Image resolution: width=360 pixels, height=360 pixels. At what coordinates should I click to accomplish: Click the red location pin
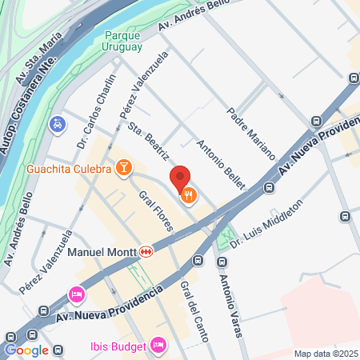coord(180,178)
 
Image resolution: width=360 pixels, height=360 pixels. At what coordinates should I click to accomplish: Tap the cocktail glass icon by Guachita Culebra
coord(124,167)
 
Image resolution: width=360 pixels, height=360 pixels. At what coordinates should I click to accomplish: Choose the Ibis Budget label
coord(116,346)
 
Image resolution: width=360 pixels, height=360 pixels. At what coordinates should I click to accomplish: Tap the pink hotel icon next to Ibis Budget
coord(158,346)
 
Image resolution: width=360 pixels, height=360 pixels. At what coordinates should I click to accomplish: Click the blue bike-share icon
coord(57,124)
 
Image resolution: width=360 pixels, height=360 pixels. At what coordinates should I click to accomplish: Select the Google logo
coord(26,350)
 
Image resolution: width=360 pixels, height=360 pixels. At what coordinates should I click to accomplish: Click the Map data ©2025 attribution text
coord(326,354)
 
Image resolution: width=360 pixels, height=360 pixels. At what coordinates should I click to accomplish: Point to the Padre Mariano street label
coord(250,133)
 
